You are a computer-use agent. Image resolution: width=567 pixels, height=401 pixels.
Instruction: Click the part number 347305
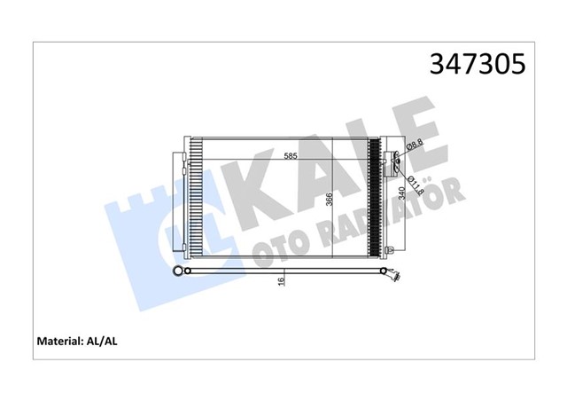477,64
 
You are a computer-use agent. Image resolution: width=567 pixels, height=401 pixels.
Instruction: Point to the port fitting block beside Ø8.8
396,161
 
